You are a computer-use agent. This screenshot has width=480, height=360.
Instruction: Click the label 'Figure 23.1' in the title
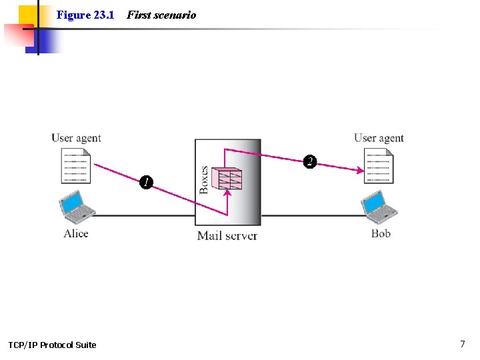pyautogui.click(x=85, y=15)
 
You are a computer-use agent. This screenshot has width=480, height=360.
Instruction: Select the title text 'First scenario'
pyautogui.click(x=161, y=15)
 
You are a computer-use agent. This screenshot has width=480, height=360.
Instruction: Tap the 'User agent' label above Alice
pyautogui.click(x=76, y=138)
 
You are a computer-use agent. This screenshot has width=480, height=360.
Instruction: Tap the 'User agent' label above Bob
pyautogui.click(x=379, y=138)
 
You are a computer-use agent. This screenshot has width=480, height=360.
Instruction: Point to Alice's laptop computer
pyautogui.click(x=77, y=206)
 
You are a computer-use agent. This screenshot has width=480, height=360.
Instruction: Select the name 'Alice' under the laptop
pyautogui.click(x=76, y=233)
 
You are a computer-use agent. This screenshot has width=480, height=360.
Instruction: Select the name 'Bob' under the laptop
pyautogui.click(x=381, y=233)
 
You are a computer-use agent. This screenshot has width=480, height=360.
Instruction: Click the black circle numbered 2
pyautogui.click(x=309, y=161)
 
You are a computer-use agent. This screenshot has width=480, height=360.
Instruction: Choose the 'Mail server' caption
pyautogui.click(x=227, y=235)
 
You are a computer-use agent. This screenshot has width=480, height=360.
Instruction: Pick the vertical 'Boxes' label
pyautogui.click(x=204, y=179)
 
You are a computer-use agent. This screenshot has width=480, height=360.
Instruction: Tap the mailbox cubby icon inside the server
pyautogui.click(x=227, y=179)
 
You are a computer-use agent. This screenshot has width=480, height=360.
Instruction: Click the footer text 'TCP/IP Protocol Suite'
pyautogui.click(x=52, y=345)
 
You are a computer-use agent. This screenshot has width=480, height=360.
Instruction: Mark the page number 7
pyautogui.click(x=462, y=344)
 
